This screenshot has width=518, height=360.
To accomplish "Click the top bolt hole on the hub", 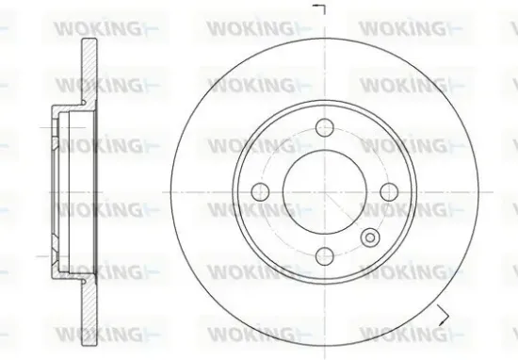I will click(x=323, y=128).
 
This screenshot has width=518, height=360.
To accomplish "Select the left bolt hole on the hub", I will click(x=264, y=191).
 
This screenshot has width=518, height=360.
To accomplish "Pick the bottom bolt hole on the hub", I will click(x=323, y=254).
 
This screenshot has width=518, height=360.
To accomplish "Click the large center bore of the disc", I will click(x=325, y=191).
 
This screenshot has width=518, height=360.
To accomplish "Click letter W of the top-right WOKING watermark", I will click(x=370, y=25).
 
